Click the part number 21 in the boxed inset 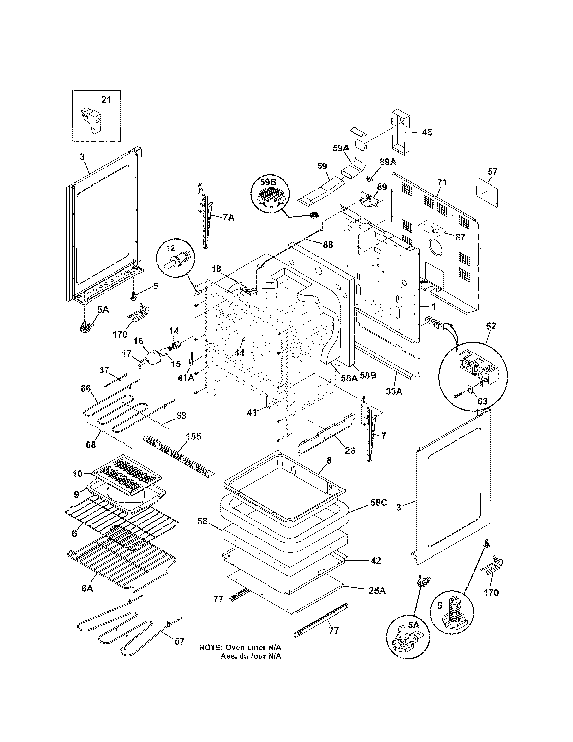[x=106, y=99]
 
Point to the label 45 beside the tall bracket [x=427, y=132]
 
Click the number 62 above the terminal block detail [x=491, y=326]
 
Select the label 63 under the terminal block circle [x=482, y=401]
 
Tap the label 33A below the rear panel [x=394, y=391]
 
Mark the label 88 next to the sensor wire [x=328, y=244]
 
